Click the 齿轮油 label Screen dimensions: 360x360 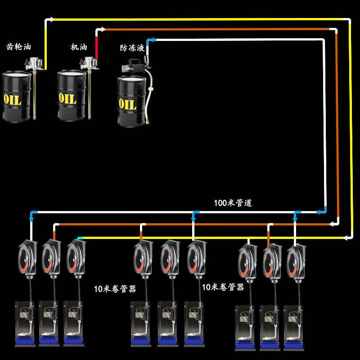18,47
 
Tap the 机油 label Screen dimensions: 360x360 79,47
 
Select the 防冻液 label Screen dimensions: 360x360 132,48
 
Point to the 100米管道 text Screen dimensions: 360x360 233,203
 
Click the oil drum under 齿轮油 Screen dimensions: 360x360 17,97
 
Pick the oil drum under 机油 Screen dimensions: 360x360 72,95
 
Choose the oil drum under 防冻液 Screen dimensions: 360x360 131,101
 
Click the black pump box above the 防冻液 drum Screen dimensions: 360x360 136,64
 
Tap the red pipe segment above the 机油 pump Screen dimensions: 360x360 96,48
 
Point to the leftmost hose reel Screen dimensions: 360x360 28,259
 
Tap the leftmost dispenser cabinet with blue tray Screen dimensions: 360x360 25,324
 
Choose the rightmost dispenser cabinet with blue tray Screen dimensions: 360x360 294,328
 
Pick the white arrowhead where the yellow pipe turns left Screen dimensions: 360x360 346,238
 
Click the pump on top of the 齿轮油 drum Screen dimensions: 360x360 34,64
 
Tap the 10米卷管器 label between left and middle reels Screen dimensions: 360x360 115,289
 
